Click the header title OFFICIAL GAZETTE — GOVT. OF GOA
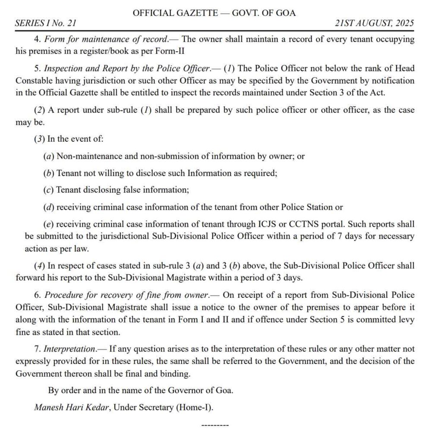214,13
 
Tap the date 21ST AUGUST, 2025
374,23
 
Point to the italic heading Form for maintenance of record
107,39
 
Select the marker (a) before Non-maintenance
49,156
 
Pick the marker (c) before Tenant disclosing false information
49,190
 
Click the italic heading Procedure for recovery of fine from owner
127,295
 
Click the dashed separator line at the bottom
215,425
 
